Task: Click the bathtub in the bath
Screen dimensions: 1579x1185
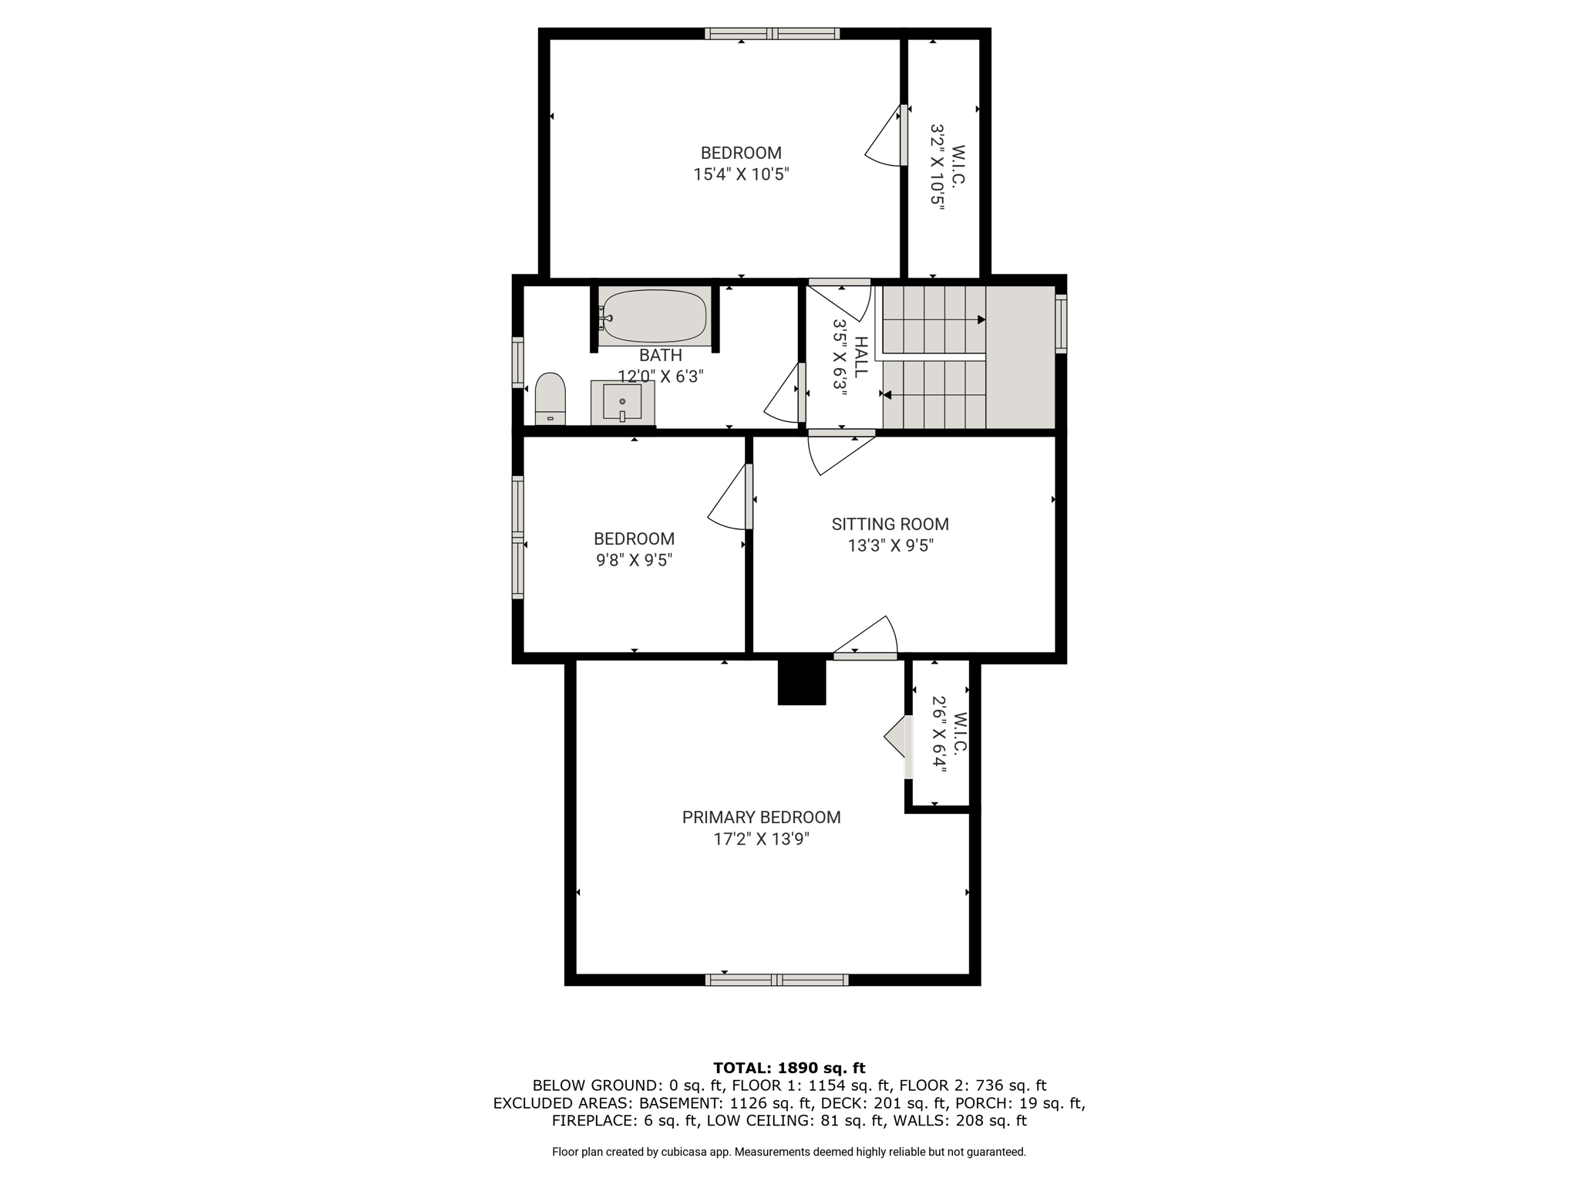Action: click(654, 316)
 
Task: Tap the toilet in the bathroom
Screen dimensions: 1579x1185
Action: click(550, 399)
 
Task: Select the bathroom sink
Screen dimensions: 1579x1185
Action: click(622, 403)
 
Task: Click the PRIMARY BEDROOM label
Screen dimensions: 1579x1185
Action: click(761, 817)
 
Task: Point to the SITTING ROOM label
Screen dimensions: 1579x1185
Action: click(890, 524)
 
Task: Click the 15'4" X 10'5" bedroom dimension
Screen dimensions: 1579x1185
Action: click(741, 174)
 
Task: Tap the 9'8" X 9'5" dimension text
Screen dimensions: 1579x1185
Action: click(634, 560)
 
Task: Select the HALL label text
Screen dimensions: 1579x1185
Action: click(860, 356)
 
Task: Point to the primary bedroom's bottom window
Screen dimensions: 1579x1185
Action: click(777, 980)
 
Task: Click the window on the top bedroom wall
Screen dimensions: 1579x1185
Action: click(772, 33)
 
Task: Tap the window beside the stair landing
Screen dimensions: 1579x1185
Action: click(1061, 324)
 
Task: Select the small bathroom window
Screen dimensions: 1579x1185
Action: click(518, 362)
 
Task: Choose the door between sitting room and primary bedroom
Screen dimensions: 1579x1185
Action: click(866, 639)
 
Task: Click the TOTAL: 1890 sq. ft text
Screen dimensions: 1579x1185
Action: click(789, 1069)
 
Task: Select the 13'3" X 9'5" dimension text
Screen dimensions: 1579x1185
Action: click(891, 545)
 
